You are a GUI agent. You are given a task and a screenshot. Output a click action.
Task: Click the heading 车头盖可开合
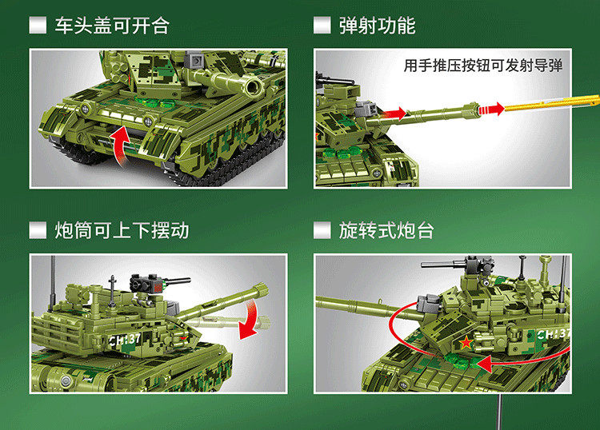(x=112, y=26)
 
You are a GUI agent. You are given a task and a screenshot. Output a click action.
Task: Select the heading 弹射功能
(x=377, y=26)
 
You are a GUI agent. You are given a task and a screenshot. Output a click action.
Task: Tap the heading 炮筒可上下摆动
(x=122, y=230)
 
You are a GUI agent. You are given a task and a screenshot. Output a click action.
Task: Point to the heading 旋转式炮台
(x=386, y=230)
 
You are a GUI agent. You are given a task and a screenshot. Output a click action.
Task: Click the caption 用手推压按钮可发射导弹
(x=483, y=66)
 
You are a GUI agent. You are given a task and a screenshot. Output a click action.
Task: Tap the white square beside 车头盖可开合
(x=38, y=26)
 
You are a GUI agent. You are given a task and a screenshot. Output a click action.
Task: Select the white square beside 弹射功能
(x=322, y=26)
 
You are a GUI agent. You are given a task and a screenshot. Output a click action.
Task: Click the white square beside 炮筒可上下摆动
(x=38, y=230)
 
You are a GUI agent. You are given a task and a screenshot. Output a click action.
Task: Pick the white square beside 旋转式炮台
(x=322, y=230)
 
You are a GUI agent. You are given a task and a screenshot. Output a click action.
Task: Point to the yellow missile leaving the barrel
(x=551, y=102)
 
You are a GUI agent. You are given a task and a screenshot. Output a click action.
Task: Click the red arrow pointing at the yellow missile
(x=491, y=109)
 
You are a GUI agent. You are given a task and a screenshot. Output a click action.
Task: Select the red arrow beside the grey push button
(x=394, y=113)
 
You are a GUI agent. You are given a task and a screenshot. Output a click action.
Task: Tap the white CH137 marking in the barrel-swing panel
(x=125, y=340)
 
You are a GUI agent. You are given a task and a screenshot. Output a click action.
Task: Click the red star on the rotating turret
(x=466, y=343)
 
